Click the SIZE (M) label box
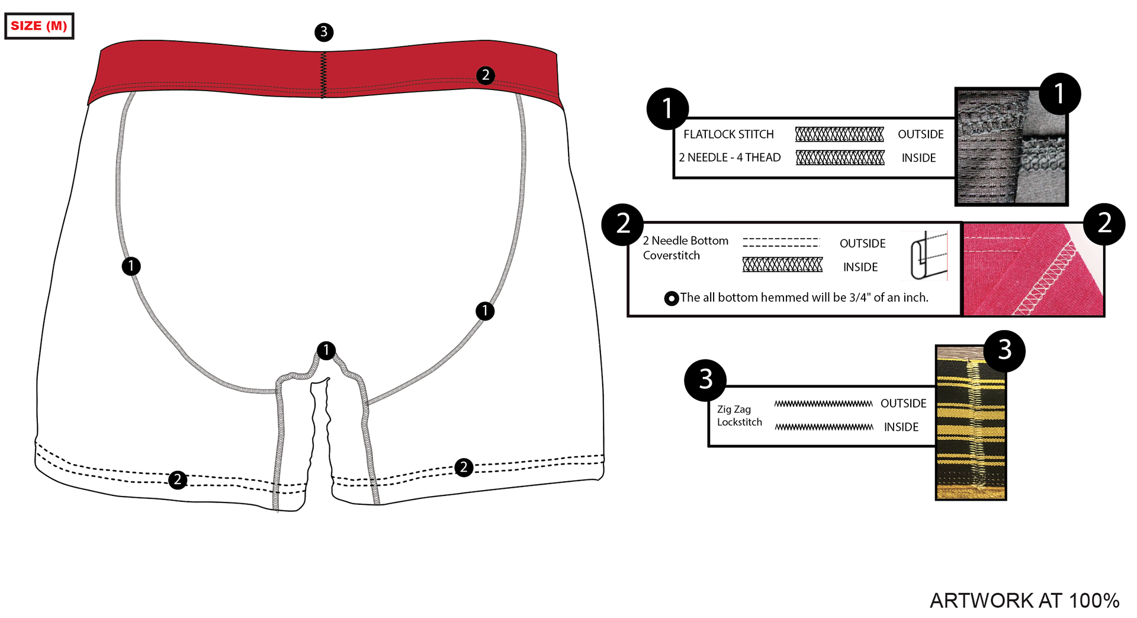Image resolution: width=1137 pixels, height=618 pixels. (x=39, y=26)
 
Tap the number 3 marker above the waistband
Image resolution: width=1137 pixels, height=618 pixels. (x=324, y=32)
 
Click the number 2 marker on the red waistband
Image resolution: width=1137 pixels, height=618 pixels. (x=486, y=75)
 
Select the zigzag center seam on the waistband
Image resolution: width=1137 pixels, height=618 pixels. (x=323, y=75)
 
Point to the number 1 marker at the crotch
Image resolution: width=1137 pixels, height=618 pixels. (x=326, y=350)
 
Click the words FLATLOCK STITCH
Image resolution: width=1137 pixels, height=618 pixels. (x=728, y=135)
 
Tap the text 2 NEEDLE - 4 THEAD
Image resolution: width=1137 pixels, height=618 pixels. (x=730, y=158)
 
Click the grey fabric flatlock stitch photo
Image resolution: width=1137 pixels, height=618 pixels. (x=1011, y=148)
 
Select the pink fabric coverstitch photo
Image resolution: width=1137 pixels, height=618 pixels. (x=1033, y=270)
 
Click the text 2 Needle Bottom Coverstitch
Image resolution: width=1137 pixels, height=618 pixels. (x=685, y=248)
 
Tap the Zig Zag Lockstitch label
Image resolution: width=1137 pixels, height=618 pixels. (x=739, y=415)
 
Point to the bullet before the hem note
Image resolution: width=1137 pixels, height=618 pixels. (x=672, y=298)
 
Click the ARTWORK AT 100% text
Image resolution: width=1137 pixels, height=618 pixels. (x=1024, y=600)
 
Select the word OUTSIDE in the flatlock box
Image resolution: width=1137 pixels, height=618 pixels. (x=920, y=135)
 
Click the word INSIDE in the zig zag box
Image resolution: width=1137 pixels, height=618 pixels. (x=901, y=427)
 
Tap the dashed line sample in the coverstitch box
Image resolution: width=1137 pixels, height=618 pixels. (x=781, y=242)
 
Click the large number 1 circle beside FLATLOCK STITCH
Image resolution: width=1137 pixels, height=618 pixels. (x=667, y=108)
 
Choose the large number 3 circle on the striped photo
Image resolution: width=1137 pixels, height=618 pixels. (x=1004, y=351)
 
